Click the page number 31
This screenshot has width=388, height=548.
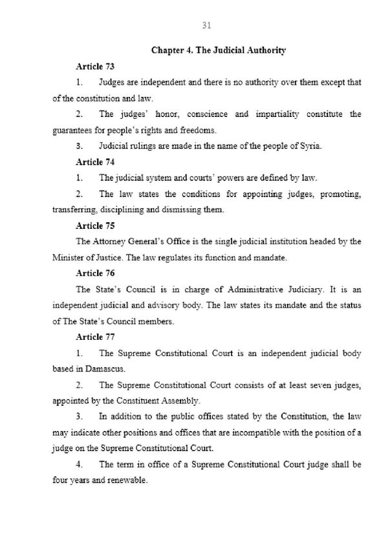click(x=207, y=26)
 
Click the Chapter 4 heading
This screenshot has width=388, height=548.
click(x=219, y=50)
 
